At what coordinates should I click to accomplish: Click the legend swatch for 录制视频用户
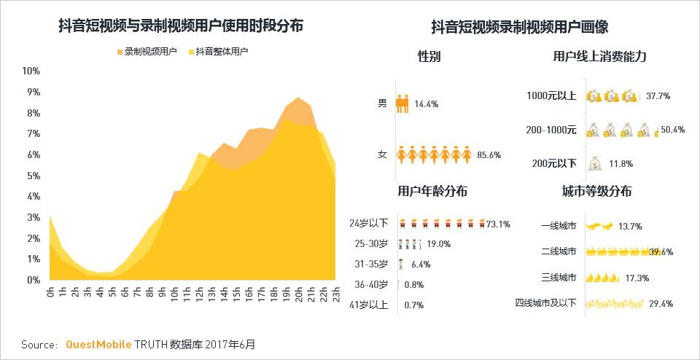120,52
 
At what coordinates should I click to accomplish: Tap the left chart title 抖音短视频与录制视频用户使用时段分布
181,26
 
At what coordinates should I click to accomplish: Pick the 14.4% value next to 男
426,104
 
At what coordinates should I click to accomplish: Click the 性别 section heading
429,56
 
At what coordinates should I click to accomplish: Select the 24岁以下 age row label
369,224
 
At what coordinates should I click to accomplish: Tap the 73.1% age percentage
499,224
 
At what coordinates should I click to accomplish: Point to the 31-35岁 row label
371,264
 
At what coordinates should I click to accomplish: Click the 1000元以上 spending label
551,95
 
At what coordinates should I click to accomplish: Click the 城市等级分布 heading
596,192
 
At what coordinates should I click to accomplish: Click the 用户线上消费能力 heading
600,56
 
